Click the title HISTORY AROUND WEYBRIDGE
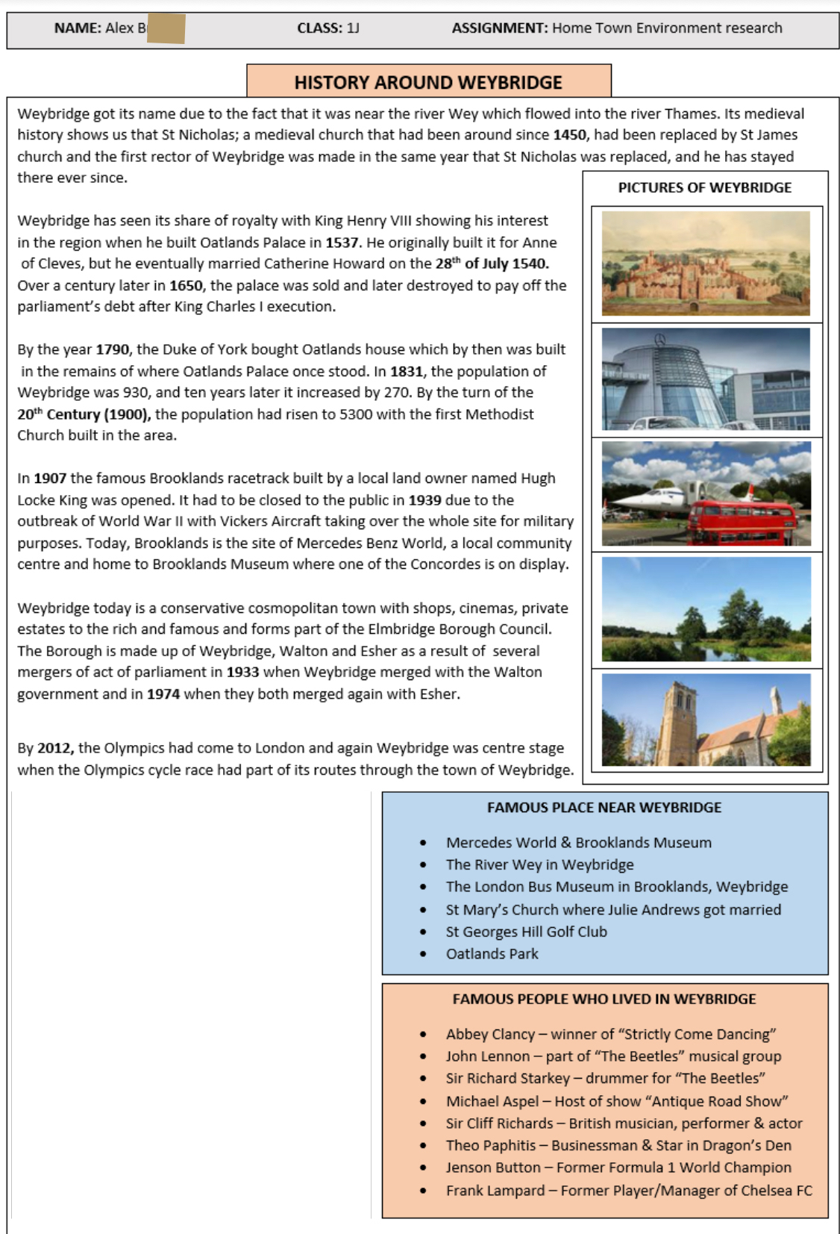pos(428,82)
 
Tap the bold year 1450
pos(569,135)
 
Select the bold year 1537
pos(342,243)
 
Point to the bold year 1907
pos(50,479)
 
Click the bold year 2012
pos(55,748)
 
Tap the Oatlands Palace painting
pos(705,263)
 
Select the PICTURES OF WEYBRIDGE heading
pos(704,188)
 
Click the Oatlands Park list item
pos(492,954)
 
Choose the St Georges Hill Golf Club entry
pos(526,932)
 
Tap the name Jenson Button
pos(493,1168)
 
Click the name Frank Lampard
pos(495,1191)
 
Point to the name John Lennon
pos(487,1056)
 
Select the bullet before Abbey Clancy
pos(423,1035)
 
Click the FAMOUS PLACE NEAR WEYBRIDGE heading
pos(604,808)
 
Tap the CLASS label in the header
pos(319,28)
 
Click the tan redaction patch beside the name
pos(166,29)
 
